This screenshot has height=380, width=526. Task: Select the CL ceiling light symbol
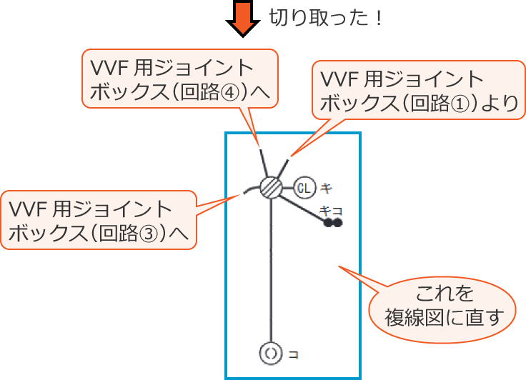[304, 188]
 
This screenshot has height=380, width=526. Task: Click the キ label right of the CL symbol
[326, 189]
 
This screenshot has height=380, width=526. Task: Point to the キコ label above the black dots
[331, 210]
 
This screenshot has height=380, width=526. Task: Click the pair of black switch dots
[332, 223]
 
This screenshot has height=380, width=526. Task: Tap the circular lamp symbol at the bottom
[270, 353]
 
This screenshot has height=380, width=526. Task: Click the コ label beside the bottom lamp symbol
[293, 354]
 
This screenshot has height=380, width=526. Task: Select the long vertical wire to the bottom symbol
[271, 271]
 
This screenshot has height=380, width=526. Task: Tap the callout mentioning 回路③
[99, 219]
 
